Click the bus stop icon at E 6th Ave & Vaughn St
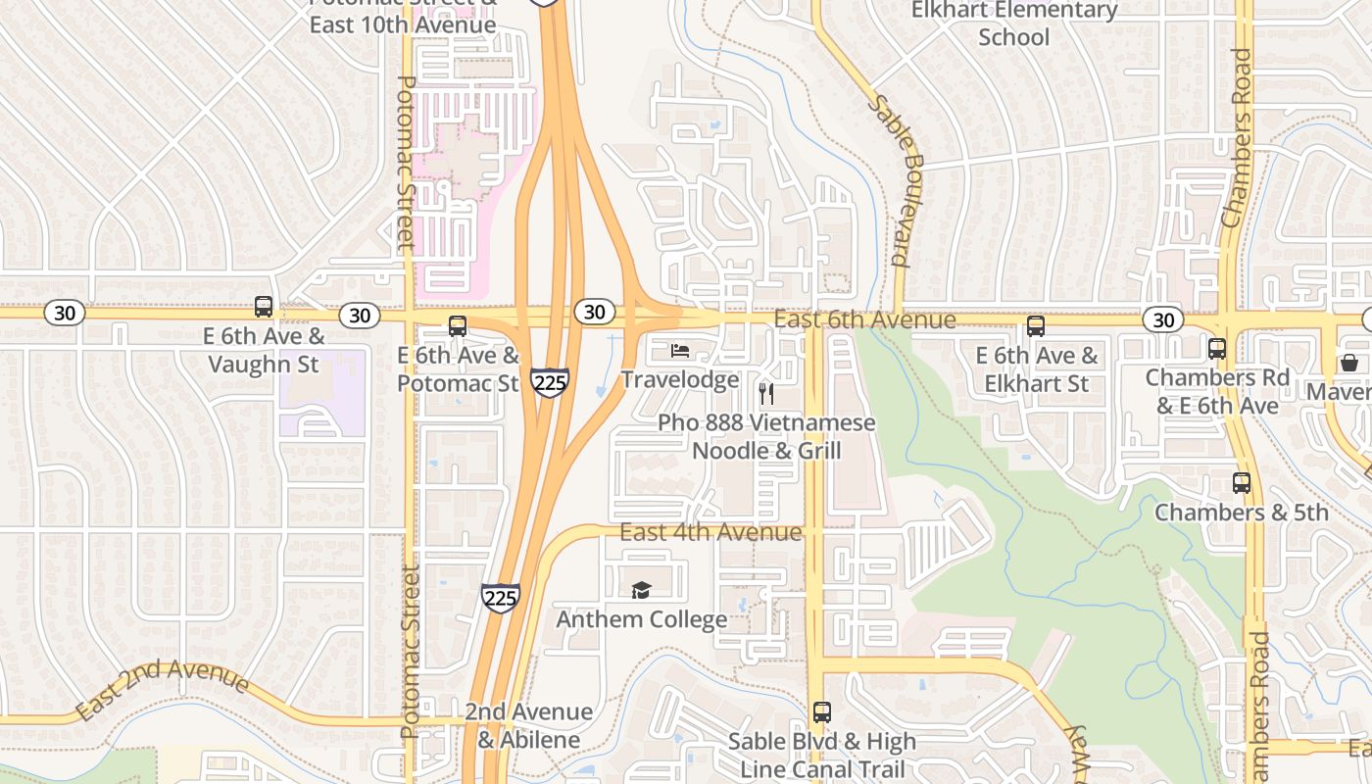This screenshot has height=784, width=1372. [x=263, y=307]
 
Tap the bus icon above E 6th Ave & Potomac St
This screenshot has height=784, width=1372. [x=458, y=326]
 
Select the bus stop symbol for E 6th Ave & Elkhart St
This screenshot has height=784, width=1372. [x=1036, y=326]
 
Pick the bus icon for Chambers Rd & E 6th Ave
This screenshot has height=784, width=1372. [x=1217, y=348]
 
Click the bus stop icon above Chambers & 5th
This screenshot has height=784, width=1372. [x=1242, y=483]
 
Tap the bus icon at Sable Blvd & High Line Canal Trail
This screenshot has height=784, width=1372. [x=821, y=712]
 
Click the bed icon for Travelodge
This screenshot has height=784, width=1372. [x=679, y=351]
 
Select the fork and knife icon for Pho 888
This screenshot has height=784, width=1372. [x=766, y=394]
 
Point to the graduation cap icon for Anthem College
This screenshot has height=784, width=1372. [x=641, y=590]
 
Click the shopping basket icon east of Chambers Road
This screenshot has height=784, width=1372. [x=1349, y=363]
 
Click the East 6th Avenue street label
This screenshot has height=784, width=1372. [x=864, y=320]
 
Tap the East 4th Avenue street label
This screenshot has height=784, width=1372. [x=710, y=532]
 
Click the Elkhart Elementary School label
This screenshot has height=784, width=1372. [x=1014, y=24]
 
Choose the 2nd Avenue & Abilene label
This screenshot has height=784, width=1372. [x=528, y=725]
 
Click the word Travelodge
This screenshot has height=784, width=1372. [x=679, y=380]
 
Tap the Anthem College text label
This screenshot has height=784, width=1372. [x=642, y=619]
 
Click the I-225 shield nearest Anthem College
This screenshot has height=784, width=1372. [x=500, y=598]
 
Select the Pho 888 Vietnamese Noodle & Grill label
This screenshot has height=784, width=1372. [x=766, y=437]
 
